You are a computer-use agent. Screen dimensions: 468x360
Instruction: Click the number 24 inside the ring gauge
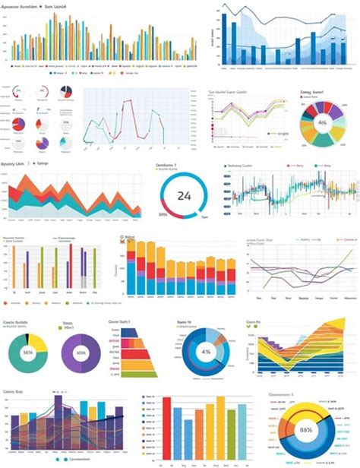coord(184,195)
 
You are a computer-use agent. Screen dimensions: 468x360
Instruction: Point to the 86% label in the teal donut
coord(29,353)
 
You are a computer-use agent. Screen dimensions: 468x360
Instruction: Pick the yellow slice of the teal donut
coord(38,339)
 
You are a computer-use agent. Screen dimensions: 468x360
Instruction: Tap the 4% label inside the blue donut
coord(204,353)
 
